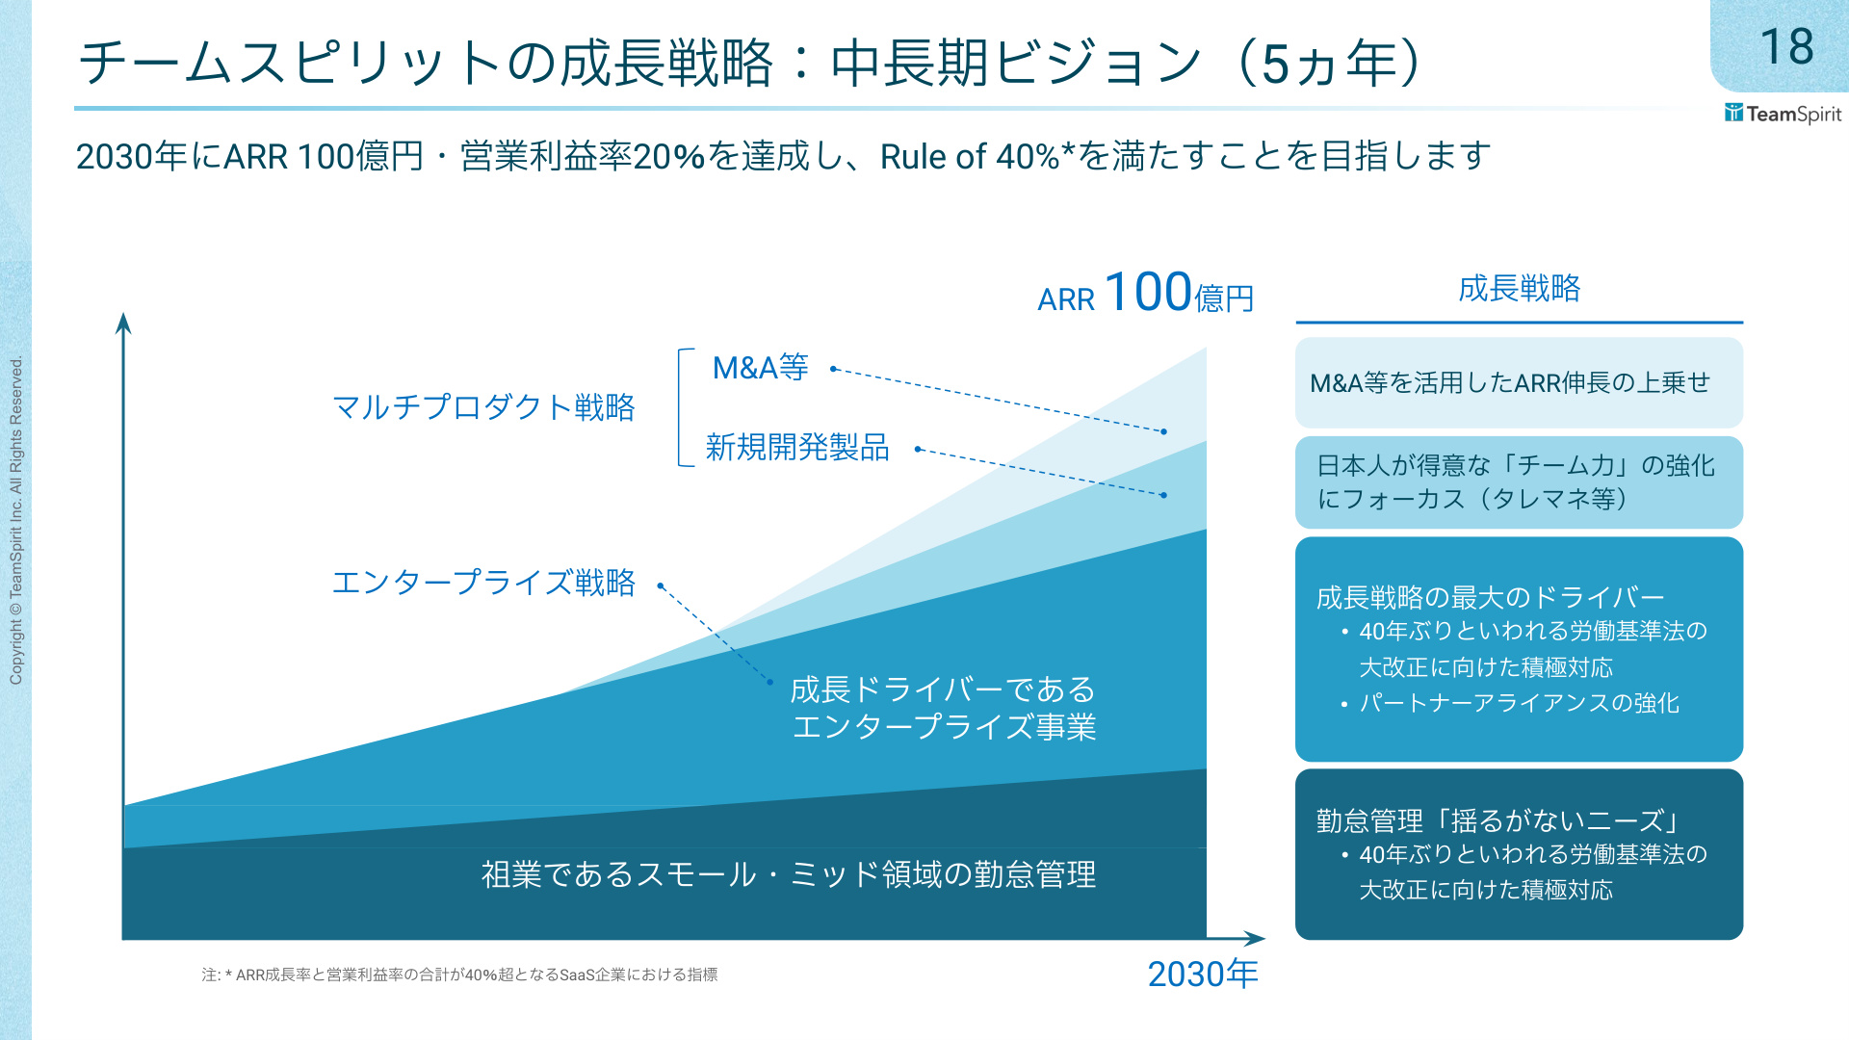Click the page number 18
(1786, 46)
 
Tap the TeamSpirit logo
(1783, 114)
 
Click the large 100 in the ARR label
(1148, 292)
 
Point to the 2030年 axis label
(1203, 975)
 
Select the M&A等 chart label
(760, 368)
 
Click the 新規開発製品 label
(797, 448)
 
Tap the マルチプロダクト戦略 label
(483, 407)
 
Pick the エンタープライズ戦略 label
(483, 583)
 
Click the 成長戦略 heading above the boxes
(1519, 288)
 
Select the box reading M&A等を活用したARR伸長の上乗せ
(1519, 382)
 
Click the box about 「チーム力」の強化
(1519, 482)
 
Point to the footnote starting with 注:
(459, 975)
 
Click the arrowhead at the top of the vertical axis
(123, 323)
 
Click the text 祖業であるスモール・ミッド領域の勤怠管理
(789, 874)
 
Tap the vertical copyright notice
(16, 521)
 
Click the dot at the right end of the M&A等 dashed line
(1163, 431)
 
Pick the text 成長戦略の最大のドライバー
(1490, 597)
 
